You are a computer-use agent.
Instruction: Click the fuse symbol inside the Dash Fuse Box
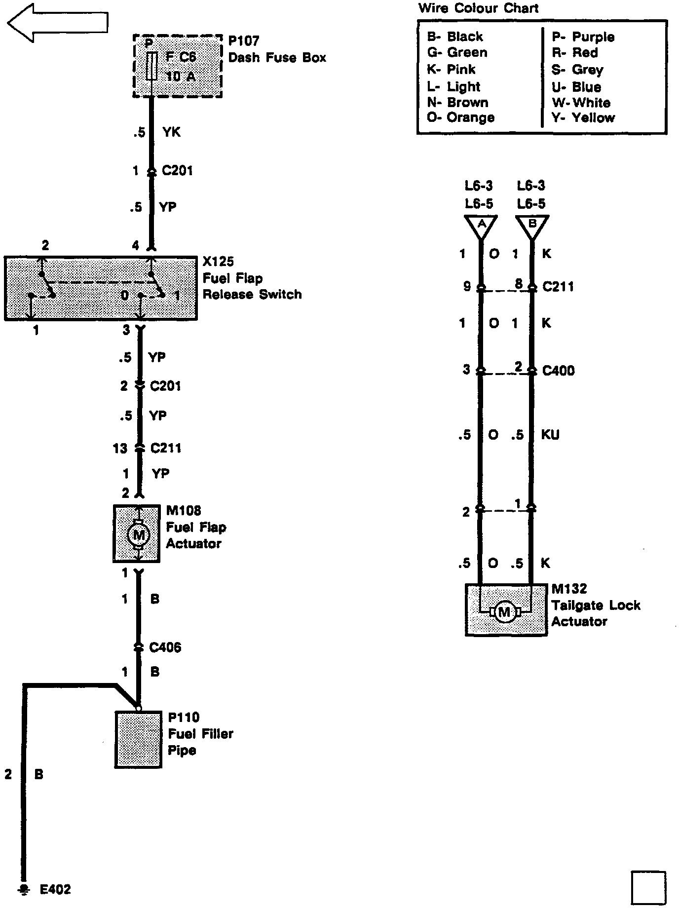pyautogui.click(x=152, y=66)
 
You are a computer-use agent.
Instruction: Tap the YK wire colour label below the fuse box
pyautogui.click(x=171, y=132)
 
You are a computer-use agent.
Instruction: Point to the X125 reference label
pyautogui.click(x=218, y=262)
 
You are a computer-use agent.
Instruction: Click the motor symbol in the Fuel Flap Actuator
pyautogui.click(x=139, y=534)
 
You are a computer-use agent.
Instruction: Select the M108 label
pyautogui.click(x=183, y=511)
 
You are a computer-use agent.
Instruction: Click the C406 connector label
pyautogui.click(x=165, y=647)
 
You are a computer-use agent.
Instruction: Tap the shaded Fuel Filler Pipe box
pyautogui.click(x=139, y=739)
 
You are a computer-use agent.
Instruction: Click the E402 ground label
pyautogui.click(x=55, y=890)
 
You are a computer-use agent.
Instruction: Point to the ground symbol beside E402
pyautogui.click(x=23, y=889)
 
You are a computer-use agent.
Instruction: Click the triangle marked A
pyautogui.click(x=481, y=226)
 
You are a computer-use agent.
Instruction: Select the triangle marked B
pyautogui.click(x=532, y=226)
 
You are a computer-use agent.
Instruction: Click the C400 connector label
pyautogui.click(x=558, y=371)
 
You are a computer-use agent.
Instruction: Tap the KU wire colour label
pyautogui.click(x=550, y=435)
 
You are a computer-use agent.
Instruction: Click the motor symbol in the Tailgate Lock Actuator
pyautogui.click(x=504, y=612)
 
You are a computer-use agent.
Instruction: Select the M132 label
pyautogui.click(x=569, y=589)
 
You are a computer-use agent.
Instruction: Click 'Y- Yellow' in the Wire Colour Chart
pyautogui.click(x=583, y=118)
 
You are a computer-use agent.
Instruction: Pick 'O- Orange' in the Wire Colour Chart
pyautogui.click(x=460, y=118)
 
